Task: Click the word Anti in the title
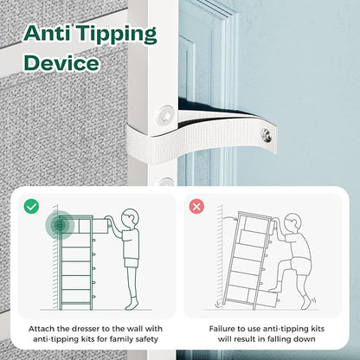[x=48, y=33]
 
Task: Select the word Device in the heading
[x=61, y=63]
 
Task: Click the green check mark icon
[x=31, y=206]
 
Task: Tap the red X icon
[x=196, y=207]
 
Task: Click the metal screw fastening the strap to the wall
[x=267, y=135]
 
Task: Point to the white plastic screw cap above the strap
[x=165, y=115]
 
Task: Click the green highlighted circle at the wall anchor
[x=60, y=225]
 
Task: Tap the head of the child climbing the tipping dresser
[x=292, y=224]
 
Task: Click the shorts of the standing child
[x=132, y=262]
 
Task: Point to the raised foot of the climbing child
[x=276, y=287]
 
